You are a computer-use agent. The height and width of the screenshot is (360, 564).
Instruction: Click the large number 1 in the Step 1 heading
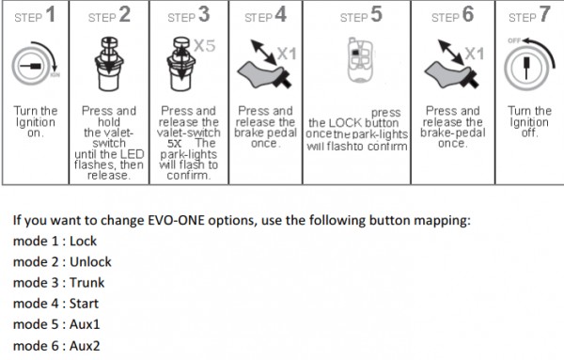tap(51, 14)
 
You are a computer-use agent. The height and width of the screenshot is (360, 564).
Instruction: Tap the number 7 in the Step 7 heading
tap(544, 14)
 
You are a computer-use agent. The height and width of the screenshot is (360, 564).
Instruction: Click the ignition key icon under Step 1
tap(35, 64)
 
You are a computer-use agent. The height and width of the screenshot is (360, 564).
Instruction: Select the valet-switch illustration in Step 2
tap(109, 64)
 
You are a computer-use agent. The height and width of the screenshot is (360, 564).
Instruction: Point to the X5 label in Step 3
tap(205, 46)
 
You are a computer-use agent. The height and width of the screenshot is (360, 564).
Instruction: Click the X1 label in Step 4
tap(287, 54)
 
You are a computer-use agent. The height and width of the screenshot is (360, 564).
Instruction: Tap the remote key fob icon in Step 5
tap(360, 59)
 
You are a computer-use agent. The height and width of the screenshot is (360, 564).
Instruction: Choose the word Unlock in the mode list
tap(90, 262)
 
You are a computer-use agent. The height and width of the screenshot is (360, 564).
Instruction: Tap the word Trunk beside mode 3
tap(87, 283)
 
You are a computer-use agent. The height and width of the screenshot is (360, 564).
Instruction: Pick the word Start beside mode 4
tap(84, 304)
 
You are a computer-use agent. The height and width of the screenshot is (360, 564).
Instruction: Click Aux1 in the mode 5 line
tap(85, 324)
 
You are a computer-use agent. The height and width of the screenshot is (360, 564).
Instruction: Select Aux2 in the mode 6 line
tap(85, 346)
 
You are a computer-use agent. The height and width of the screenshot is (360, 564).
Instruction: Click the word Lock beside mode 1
tap(83, 241)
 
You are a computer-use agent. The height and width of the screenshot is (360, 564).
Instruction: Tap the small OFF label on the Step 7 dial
tap(514, 40)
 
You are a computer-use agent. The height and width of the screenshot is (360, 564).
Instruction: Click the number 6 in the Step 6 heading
tap(468, 14)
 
